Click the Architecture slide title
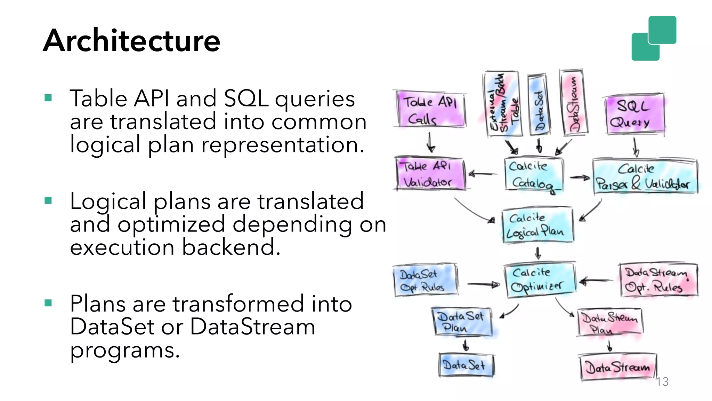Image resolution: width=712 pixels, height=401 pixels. pyautogui.click(x=131, y=41)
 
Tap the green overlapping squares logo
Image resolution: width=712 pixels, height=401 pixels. pyautogui.click(x=654, y=38)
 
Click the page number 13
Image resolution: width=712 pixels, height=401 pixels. pyautogui.click(x=663, y=382)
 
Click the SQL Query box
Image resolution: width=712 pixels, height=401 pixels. pyautogui.click(x=634, y=113)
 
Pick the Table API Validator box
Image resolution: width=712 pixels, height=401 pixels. pyautogui.click(x=430, y=174)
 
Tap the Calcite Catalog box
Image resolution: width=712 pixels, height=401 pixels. pyautogui.click(x=533, y=174)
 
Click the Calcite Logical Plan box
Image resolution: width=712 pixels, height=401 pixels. pyautogui.click(x=537, y=225)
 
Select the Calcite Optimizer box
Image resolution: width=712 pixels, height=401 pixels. pyautogui.click(x=539, y=280)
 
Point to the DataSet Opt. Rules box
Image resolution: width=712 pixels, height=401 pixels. pyautogui.click(x=424, y=280)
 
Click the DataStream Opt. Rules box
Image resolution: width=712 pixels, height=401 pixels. pyautogui.click(x=658, y=280)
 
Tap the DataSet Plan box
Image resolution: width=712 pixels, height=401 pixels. pyautogui.click(x=462, y=322)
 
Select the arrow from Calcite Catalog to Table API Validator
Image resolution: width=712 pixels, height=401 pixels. pyautogui.click(x=483, y=174)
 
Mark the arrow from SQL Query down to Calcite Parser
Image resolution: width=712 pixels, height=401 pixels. pyautogui.click(x=635, y=148)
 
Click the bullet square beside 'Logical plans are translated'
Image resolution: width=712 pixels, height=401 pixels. pyautogui.click(x=48, y=200)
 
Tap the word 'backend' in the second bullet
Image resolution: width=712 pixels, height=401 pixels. pyautogui.click(x=231, y=247)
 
